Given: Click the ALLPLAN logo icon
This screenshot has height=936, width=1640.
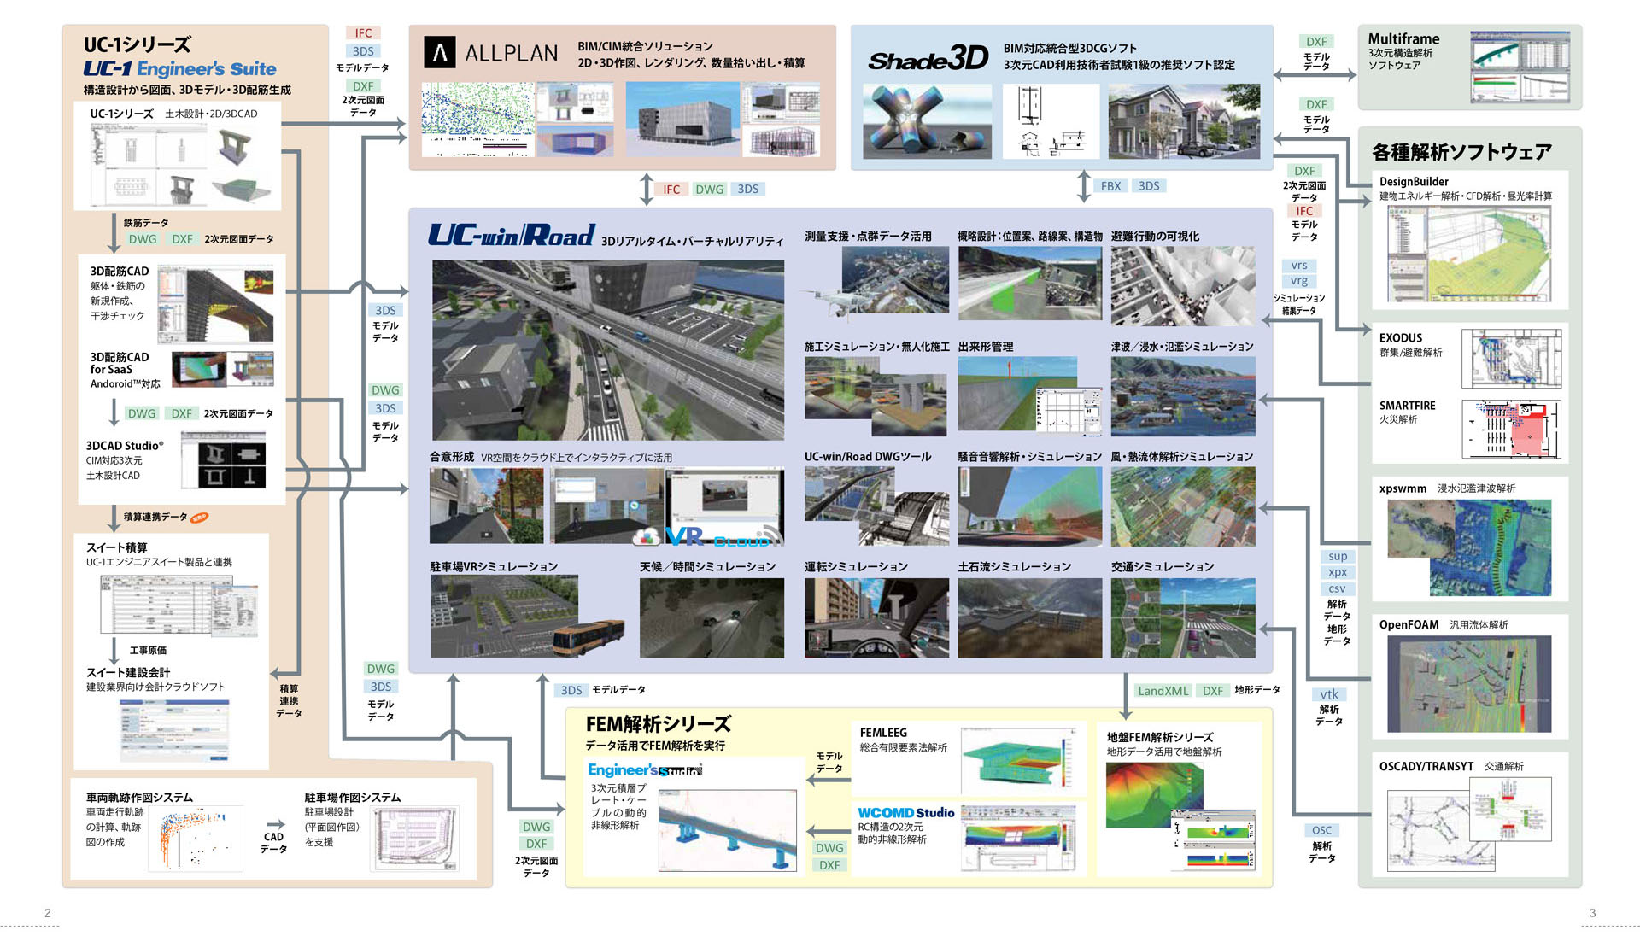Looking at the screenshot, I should click(x=440, y=53).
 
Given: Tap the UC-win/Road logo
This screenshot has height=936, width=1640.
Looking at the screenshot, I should click(x=511, y=235).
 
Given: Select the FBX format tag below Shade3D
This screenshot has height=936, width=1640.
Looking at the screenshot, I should click(x=1110, y=186).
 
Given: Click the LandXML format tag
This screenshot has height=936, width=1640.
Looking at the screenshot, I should click(x=1163, y=691).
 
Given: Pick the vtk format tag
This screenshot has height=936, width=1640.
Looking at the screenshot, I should click(x=1329, y=694).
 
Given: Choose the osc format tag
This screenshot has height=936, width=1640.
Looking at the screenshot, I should click(x=1321, y=830).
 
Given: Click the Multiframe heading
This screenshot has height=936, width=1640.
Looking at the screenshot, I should click(x=1403, y=38).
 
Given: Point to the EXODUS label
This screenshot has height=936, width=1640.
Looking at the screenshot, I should click(x=1401, y=338).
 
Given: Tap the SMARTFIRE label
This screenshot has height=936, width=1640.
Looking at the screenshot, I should click(x=1407, y=406).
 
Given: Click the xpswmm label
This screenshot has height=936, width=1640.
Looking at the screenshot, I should click(x=1403, y=488).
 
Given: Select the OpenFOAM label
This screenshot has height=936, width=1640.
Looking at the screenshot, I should click(x=1409, y=624).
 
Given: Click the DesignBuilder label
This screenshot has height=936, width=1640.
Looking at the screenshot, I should click(x=1414, y=182).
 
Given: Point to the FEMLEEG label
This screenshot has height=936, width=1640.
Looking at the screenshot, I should click(x=883, y=733).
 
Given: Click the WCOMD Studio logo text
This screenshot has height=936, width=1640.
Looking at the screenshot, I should click(x=905, y=813).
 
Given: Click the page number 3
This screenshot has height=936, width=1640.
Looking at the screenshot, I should click(x=1592, y=913).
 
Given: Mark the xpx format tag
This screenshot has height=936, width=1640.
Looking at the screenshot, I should click(x=1337, y=572).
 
